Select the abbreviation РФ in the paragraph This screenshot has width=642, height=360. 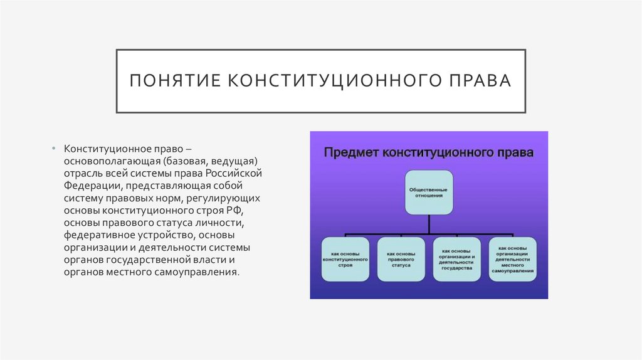(x=243, y=210)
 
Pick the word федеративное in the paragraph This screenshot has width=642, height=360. (x=95, y=235)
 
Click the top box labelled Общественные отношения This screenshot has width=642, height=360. (x=428, y=192)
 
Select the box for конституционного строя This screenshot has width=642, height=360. (x=345, y=258)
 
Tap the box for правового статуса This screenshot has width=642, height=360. (x=400, y=258)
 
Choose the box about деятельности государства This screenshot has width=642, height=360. (x=456, y=258)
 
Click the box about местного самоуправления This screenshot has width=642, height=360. (x=513, y=258)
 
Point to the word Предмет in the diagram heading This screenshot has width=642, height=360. (x=352, y=152)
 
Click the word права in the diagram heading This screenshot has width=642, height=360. (x=518, y=152)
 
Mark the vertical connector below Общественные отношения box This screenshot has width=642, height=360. (x=428, y=222)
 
